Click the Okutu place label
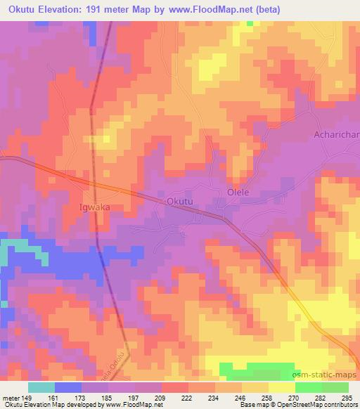[x=179, y=202]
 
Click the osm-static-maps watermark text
[x=330, y=377]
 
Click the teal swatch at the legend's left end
[x=41, y=387]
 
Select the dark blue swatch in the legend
[x=67, y=387]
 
